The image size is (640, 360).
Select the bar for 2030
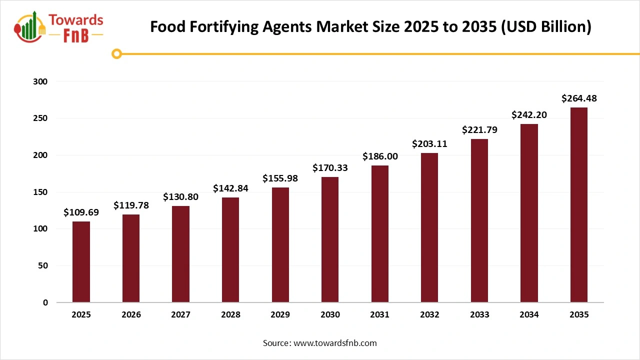[x=330, y=239]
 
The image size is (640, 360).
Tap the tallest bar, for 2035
[x=578, y=204]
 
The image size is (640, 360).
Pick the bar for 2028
[x=230, y=249]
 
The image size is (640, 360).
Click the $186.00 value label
[x=379, y=156]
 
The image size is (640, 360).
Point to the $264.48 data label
[x=578, y=98]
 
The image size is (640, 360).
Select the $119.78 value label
[x=131, y=205]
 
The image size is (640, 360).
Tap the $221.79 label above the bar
[x=479, y=130]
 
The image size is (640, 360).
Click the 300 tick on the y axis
[x=41, y=81]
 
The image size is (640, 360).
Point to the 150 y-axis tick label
[x=41, y=192]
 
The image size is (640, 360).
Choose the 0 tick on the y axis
[x=45, y=302]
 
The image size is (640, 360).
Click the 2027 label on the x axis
[x=180, y=315]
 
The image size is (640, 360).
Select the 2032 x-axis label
[x=429, y=315]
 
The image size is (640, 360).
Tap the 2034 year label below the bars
[x=529, y=315]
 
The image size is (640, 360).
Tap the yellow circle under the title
[x=117, y=53]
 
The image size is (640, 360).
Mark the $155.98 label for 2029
[x=280, y=178]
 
